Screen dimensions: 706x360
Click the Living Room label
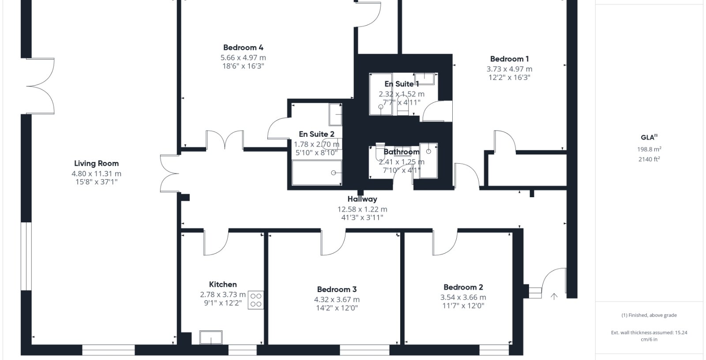point(97,163)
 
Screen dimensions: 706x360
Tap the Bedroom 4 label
point(243,48)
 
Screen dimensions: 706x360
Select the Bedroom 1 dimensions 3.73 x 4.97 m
point(509,69)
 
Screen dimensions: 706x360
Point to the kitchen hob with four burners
point(255,300)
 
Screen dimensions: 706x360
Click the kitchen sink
point(211,337)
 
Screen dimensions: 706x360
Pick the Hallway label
point(362,199)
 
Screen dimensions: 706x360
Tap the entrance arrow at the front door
point(554,296)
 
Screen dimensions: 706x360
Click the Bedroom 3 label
point(337,289)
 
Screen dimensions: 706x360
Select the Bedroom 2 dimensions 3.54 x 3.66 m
point(463,297)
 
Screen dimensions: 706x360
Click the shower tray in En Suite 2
point(317,173)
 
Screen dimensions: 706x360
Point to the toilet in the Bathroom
point(380,152)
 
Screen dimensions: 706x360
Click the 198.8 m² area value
point(649,149)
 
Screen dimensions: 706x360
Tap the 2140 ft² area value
point(649,159)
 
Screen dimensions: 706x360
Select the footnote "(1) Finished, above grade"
point(649,315)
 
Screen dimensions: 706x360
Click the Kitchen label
point(223,285)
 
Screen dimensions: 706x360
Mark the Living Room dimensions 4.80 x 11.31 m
point(97,174)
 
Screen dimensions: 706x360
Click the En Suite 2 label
point(316,134)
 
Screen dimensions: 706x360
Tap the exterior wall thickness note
point(649,336)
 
